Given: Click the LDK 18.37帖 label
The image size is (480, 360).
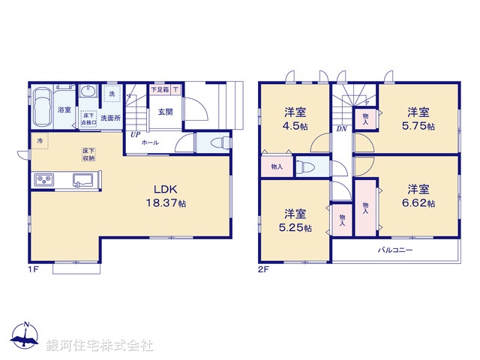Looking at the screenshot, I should (x=165, y=195).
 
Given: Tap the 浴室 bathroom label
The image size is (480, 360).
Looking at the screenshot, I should (x=64, y=110).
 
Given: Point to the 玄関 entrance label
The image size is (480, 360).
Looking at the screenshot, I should (x=166, y=112).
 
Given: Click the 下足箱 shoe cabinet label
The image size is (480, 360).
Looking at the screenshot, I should (x=159, y=89).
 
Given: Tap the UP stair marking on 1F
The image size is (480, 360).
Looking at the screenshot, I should (x=134, y=135).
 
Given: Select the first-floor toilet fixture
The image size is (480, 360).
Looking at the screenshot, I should (x=216, y=142).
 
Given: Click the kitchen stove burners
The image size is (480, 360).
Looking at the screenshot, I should (x=43, y=180).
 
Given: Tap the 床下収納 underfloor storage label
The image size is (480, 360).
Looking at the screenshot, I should (x=89, y=154).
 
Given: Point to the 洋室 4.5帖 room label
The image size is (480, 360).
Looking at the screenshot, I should (x=294, y=119).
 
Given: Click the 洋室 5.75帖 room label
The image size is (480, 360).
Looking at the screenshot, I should (x=418, y=119).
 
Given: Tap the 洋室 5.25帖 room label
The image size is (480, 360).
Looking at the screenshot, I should (x=294, y=220).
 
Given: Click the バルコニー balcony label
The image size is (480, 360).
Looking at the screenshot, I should (x=394, y=250).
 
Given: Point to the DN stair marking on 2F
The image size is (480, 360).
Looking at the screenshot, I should (x=341, y=128).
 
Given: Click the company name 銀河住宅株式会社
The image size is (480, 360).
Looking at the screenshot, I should (x=101, y=346).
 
